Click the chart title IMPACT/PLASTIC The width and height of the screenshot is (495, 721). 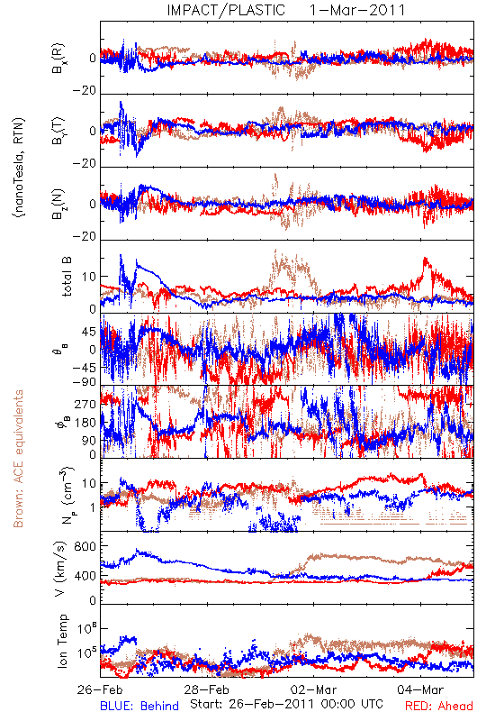[226, 10]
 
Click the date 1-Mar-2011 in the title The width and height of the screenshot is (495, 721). [357, 10]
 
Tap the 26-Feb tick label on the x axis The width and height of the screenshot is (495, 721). [100, 689]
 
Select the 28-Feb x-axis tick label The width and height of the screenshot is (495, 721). [207, 689]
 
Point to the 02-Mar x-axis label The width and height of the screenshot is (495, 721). [314, 689]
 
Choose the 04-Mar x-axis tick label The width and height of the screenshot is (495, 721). [420, 689]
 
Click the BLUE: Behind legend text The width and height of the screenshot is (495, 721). [139, 706]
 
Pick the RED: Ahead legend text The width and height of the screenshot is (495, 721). [439, 706]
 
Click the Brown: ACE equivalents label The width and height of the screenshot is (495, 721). [18, 459]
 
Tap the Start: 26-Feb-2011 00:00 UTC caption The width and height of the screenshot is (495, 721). [286, 704]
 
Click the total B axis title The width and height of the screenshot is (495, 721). [66, 277]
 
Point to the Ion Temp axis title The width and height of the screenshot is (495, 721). [62, 641]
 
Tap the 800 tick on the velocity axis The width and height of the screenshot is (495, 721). [85, 546]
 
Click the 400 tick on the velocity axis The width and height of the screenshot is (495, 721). [85, 575]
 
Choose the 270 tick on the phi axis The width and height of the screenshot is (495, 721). [85, 404]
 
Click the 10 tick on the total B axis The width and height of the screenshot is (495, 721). [89, 277]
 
